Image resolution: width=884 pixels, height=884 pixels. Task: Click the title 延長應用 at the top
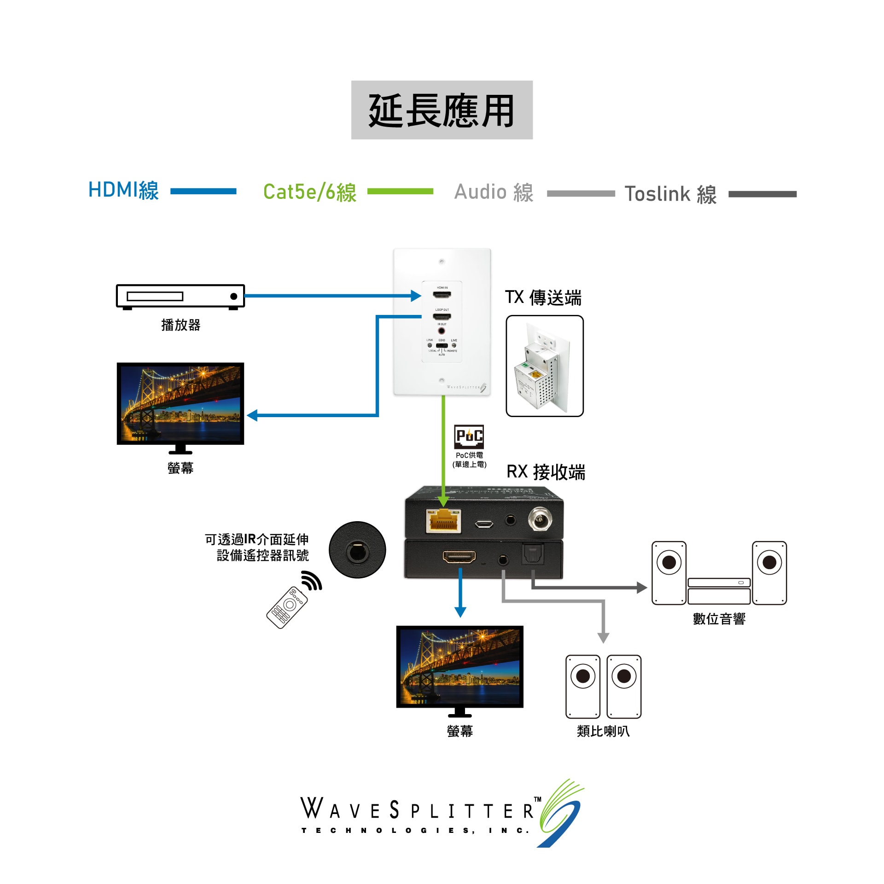click(442, 110)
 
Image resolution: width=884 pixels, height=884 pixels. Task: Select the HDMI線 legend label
click(123, 191)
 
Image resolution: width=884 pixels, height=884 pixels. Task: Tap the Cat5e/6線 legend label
click(310, 192)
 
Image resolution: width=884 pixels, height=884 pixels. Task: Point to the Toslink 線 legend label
click(670, 194)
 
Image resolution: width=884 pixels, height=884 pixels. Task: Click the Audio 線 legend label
click(494, 192)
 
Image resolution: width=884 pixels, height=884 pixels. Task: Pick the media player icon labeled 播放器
click(180, 297)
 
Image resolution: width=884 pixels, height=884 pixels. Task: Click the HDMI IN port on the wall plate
click(442, 295)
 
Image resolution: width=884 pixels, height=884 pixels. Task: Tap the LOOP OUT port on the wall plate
click(442, 316)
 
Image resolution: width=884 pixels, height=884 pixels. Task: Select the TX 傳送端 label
click(543, 298)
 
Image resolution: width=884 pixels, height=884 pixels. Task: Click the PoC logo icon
click(469, 436)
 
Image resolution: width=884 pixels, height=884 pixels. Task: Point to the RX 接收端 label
click(546, 472)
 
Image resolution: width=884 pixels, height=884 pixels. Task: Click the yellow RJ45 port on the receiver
click(443, 521)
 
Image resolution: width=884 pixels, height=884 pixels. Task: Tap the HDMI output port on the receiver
click(459, 557)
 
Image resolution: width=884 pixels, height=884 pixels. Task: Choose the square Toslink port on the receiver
click(533, 554)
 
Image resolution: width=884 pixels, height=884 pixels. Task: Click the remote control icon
click(287, 607)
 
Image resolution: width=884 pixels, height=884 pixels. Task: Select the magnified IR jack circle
click(357, 550)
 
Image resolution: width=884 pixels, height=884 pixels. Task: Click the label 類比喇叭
click(603, 731)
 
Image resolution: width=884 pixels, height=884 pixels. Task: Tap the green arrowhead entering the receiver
click(443, 501)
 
